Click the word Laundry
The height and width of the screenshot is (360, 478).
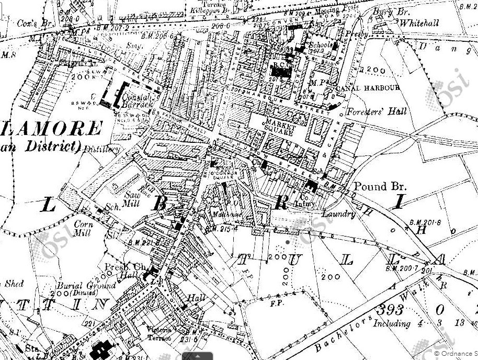338,214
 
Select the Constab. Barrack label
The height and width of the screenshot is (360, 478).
137,100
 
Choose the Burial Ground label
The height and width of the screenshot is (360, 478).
94,286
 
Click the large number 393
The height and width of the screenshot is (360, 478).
401,308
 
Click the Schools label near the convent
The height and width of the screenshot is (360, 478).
319,46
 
